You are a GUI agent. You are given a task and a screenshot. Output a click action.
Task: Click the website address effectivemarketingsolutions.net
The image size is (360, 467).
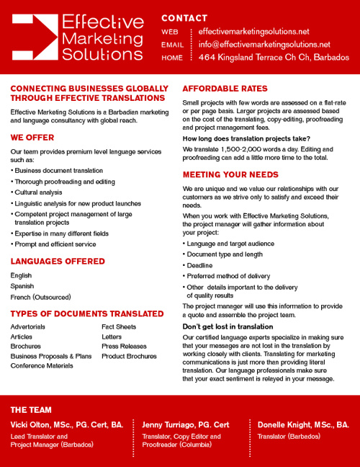pyautogui.click(x=253, y=32)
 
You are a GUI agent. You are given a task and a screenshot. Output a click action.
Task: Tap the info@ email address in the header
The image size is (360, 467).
pyautogui.click(x=264, y=44)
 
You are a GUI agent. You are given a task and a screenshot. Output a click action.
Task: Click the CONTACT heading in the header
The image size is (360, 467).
pyautogui.click(x=184, y=18)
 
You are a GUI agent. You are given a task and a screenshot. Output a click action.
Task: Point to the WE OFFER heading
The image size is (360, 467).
pyautogui.click(x=32, y=137)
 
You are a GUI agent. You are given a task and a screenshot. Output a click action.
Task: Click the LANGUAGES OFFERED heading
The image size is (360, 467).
pyautogui.click(x=58, y=261)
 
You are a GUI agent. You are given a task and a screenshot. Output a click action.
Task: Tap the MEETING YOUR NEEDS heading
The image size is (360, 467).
pyautogui.click(x=230, y=174)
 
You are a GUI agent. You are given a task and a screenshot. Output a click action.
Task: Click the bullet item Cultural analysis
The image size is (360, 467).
pyautogui.click(x=39, y=192)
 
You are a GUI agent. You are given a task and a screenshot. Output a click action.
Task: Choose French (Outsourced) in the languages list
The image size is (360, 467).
pyautogui.click(x=40, y=297)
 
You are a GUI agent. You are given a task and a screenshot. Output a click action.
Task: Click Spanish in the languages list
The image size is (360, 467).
pyautogui.click(x=22, y=286)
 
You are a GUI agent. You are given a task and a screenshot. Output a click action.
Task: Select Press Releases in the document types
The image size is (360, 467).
pyautogui.click(x=124, y=346)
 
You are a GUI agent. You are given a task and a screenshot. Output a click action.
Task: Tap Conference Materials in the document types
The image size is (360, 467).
pyautogui.click(x=42, y=365)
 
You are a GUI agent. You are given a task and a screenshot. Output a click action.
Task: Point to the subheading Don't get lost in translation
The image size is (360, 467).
pyautogui.click(x=228, y=326)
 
